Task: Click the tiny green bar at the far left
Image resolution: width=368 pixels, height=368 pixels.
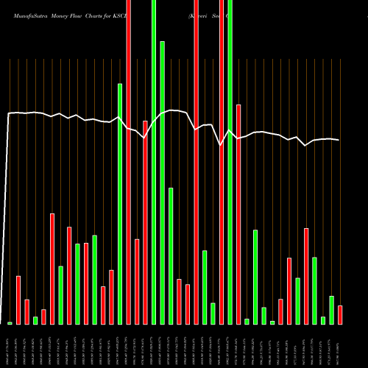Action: (x=10, y=323)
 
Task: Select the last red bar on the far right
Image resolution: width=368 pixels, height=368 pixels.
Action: (x=340, y=315)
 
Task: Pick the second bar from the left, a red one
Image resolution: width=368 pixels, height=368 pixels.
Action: (x=18, y=300)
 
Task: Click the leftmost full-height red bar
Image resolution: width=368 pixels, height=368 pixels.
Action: (x=128, y=162)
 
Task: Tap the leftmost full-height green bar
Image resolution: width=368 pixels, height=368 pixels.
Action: (x=154, y=162)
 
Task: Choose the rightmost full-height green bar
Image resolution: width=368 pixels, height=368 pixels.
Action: (x=230, y=162)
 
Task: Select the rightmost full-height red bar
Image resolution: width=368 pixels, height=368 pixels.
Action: (x=222, y=162)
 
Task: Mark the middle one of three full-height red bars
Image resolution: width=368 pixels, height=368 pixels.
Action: (x=196, y=162)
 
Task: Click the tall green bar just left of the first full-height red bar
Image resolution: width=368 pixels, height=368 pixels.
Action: (x=120, y=204)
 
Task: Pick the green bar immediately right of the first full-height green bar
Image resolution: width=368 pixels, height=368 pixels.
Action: (x=162, y=183)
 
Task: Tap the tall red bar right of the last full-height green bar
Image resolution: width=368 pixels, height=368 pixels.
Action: (x=238, y=214)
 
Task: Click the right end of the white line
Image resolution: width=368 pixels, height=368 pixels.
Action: (x=339, y=140)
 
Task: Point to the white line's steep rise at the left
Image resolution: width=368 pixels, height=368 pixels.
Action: (x=7, y=221)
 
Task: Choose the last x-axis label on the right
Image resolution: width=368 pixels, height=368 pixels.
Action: (x=339, y=347)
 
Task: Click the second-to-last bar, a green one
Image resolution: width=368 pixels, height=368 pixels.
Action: (x=331, y=310)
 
